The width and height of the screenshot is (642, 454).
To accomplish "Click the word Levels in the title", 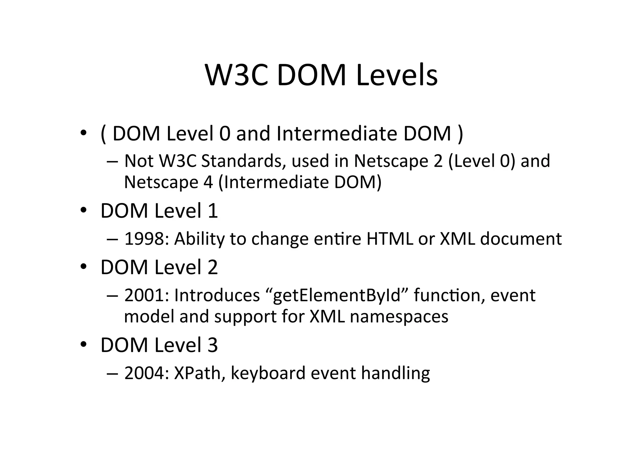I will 397,75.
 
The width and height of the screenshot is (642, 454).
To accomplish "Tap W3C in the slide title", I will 237,75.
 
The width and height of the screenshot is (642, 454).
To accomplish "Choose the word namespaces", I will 399,317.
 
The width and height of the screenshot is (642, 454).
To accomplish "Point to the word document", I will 521,239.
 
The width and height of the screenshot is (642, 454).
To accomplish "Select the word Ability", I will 200,239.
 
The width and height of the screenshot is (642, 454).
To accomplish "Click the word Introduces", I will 217,295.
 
